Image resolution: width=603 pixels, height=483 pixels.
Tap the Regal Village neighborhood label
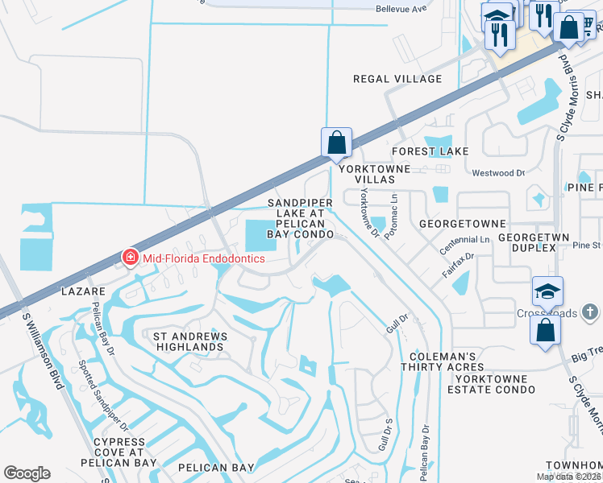coord(398,79)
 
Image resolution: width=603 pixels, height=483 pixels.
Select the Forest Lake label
coord(430,151)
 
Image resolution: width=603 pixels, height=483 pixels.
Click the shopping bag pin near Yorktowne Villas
coord(336,142)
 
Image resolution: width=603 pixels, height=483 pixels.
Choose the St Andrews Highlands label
coord(185,341)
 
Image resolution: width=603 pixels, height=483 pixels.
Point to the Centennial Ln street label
coord(464,242)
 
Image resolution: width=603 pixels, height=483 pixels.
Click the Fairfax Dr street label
coord(456,266)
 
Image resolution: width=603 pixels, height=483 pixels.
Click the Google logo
coord(27,473)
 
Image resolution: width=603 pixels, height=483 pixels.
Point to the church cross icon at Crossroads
coord(590,310)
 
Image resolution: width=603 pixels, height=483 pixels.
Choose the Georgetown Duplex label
coord(526,243)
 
